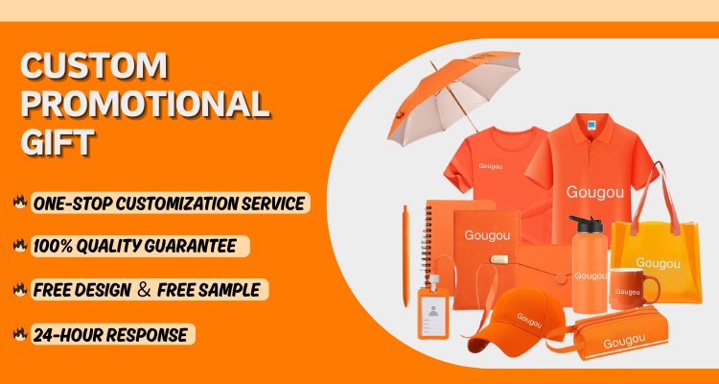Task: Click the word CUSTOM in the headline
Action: pyautogui.click(x=94, y=65)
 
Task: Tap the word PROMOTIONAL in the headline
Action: pyautogui.click(x=145, y=104)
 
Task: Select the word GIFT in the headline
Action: pyautogui.click(x=58, y=142)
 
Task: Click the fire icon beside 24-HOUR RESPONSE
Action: pyautogui.click(x=20, y=334)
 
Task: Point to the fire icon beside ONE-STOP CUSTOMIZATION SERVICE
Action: pyautogui.click(x=20, y=203)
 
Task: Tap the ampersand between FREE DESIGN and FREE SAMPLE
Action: pyautogui.click(x=144, y=290)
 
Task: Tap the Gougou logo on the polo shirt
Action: pyautogui.click(x=594, y=192)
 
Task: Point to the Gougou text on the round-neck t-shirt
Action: pyautogui.click(x=490, y=166)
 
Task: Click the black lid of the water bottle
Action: pyautogui.click(x=585, y=224)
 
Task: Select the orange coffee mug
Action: pyautogui.click(x=635, y=289)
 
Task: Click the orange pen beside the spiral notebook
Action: pyautogui.click(x=406, y=255)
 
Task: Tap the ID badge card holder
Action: pyautogui.click(x=433, y=314)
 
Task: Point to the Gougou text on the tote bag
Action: pyautogui.click(x=658, y=263)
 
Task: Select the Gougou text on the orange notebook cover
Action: pyautogui.click(x=487, y=235)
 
